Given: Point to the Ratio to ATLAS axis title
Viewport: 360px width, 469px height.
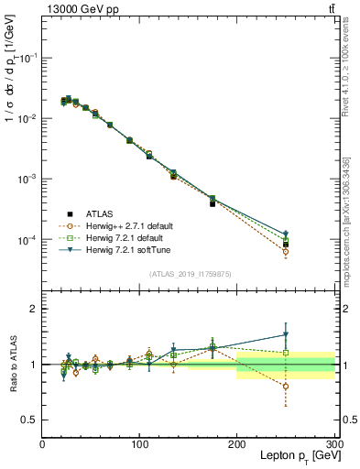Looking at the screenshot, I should click(x=13, y=365).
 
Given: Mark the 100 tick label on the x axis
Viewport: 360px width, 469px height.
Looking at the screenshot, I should click(x=140, y=444).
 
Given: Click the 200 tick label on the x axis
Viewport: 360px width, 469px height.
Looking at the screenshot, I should click(x=237, y=444).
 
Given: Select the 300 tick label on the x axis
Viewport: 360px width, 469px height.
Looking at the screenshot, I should click(x=333, y=444).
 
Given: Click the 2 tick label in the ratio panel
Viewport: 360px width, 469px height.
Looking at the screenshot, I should click(x=33, y=309).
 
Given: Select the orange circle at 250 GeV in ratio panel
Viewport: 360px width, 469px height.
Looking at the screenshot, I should click(x=286, y=387).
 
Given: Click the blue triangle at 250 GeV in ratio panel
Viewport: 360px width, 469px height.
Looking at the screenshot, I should click(x=286, y=334).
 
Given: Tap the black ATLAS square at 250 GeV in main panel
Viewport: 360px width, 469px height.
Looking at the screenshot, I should click(x=286, y=245).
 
